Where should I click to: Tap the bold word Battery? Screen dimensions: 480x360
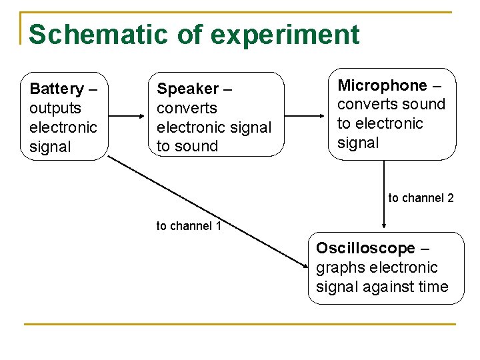(57, 89)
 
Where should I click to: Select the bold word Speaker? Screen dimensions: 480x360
(188, 89)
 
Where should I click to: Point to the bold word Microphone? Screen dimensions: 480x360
(382, 85)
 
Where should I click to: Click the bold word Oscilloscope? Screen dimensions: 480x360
(365, 248)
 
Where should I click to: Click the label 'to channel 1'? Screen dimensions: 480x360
(189, 226)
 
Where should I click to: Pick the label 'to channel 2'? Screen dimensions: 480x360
(421, 198)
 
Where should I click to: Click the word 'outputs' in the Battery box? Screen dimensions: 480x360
(55, 108)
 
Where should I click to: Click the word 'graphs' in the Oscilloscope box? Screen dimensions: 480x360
(339, 268)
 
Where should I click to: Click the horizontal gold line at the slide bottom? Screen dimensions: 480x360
(240, 325)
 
